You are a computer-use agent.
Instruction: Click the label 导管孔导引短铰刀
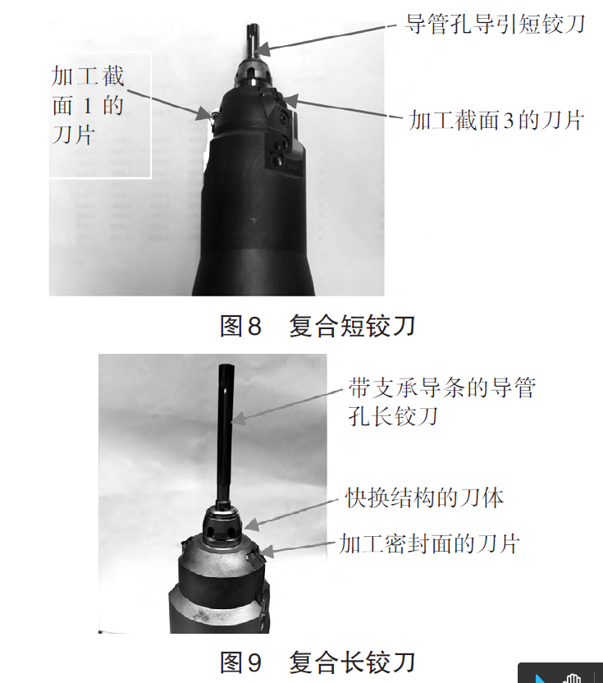[495, 24]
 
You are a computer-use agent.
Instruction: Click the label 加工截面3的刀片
[496, 120]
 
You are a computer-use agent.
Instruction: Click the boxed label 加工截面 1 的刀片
[88, 105]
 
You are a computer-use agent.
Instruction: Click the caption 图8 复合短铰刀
[317, 326]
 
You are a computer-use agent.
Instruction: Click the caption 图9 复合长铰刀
[317, 662]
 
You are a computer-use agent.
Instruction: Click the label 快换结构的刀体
[424, 497]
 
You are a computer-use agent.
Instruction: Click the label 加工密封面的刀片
[429, 544]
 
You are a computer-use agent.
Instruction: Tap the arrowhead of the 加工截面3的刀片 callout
[290, 102]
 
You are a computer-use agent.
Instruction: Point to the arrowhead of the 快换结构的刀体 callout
[253, 524]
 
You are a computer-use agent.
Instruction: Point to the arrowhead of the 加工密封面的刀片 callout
[267, 552]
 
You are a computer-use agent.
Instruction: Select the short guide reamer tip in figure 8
[252, 39]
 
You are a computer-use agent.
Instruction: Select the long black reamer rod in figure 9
[226, 433]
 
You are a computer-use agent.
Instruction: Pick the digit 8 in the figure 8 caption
[254, 326]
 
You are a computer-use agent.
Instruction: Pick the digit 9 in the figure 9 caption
[254, 662]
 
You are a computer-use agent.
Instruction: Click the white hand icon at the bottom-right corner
[572, 678]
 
